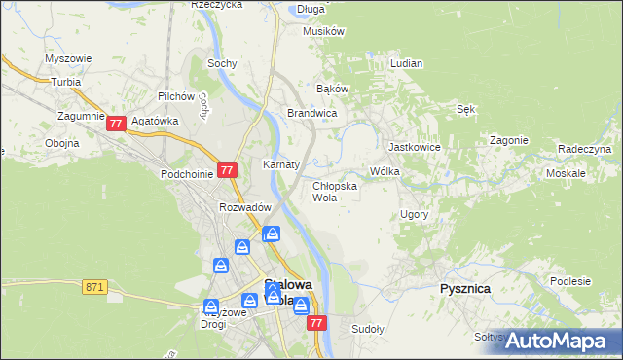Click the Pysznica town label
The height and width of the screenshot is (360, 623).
pos(464,289)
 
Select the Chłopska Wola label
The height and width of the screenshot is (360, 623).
pos(334,191)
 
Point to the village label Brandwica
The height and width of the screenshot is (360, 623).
pos(311,114)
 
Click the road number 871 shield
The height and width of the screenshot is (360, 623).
pos(94,287)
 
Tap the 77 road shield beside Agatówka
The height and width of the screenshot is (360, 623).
pos(117,124)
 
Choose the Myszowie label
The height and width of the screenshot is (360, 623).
pos(68,58)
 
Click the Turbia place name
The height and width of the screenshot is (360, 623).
pos(66,83)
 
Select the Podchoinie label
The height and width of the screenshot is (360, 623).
pos(186,174)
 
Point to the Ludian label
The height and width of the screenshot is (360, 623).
pos(406,63)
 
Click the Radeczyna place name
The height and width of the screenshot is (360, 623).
pos(584,149)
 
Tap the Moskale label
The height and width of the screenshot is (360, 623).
pos(566,173)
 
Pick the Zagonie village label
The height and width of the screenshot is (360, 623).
pos(509,140)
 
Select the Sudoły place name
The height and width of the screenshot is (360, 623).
pos(368,329)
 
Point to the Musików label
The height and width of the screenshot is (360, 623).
pos(324,31)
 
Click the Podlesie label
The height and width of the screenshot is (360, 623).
pos(570,281)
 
